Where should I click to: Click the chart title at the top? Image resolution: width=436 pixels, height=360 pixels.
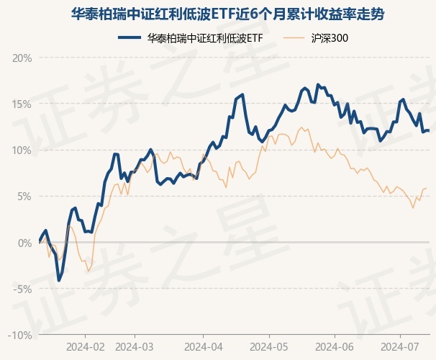tap(217, 14)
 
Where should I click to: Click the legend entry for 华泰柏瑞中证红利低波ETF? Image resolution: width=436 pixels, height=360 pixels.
tap(195, 38)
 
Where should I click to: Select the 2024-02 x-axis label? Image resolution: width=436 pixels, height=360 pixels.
tap(84, 346)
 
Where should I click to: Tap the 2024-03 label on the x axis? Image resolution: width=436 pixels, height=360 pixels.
tap(135, 346)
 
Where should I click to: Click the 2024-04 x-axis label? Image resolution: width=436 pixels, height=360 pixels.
tap(202, 346)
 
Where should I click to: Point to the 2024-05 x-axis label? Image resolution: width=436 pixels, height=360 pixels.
tap(268, 346)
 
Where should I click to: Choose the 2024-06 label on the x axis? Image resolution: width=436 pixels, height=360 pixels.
tap(335, 346)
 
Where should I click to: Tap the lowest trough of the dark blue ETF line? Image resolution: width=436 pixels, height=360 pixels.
tap(59, 280)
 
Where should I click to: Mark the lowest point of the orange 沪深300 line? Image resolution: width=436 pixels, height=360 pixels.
tap(88, 271)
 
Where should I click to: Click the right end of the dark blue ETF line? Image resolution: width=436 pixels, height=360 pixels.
tap(429, 130)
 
